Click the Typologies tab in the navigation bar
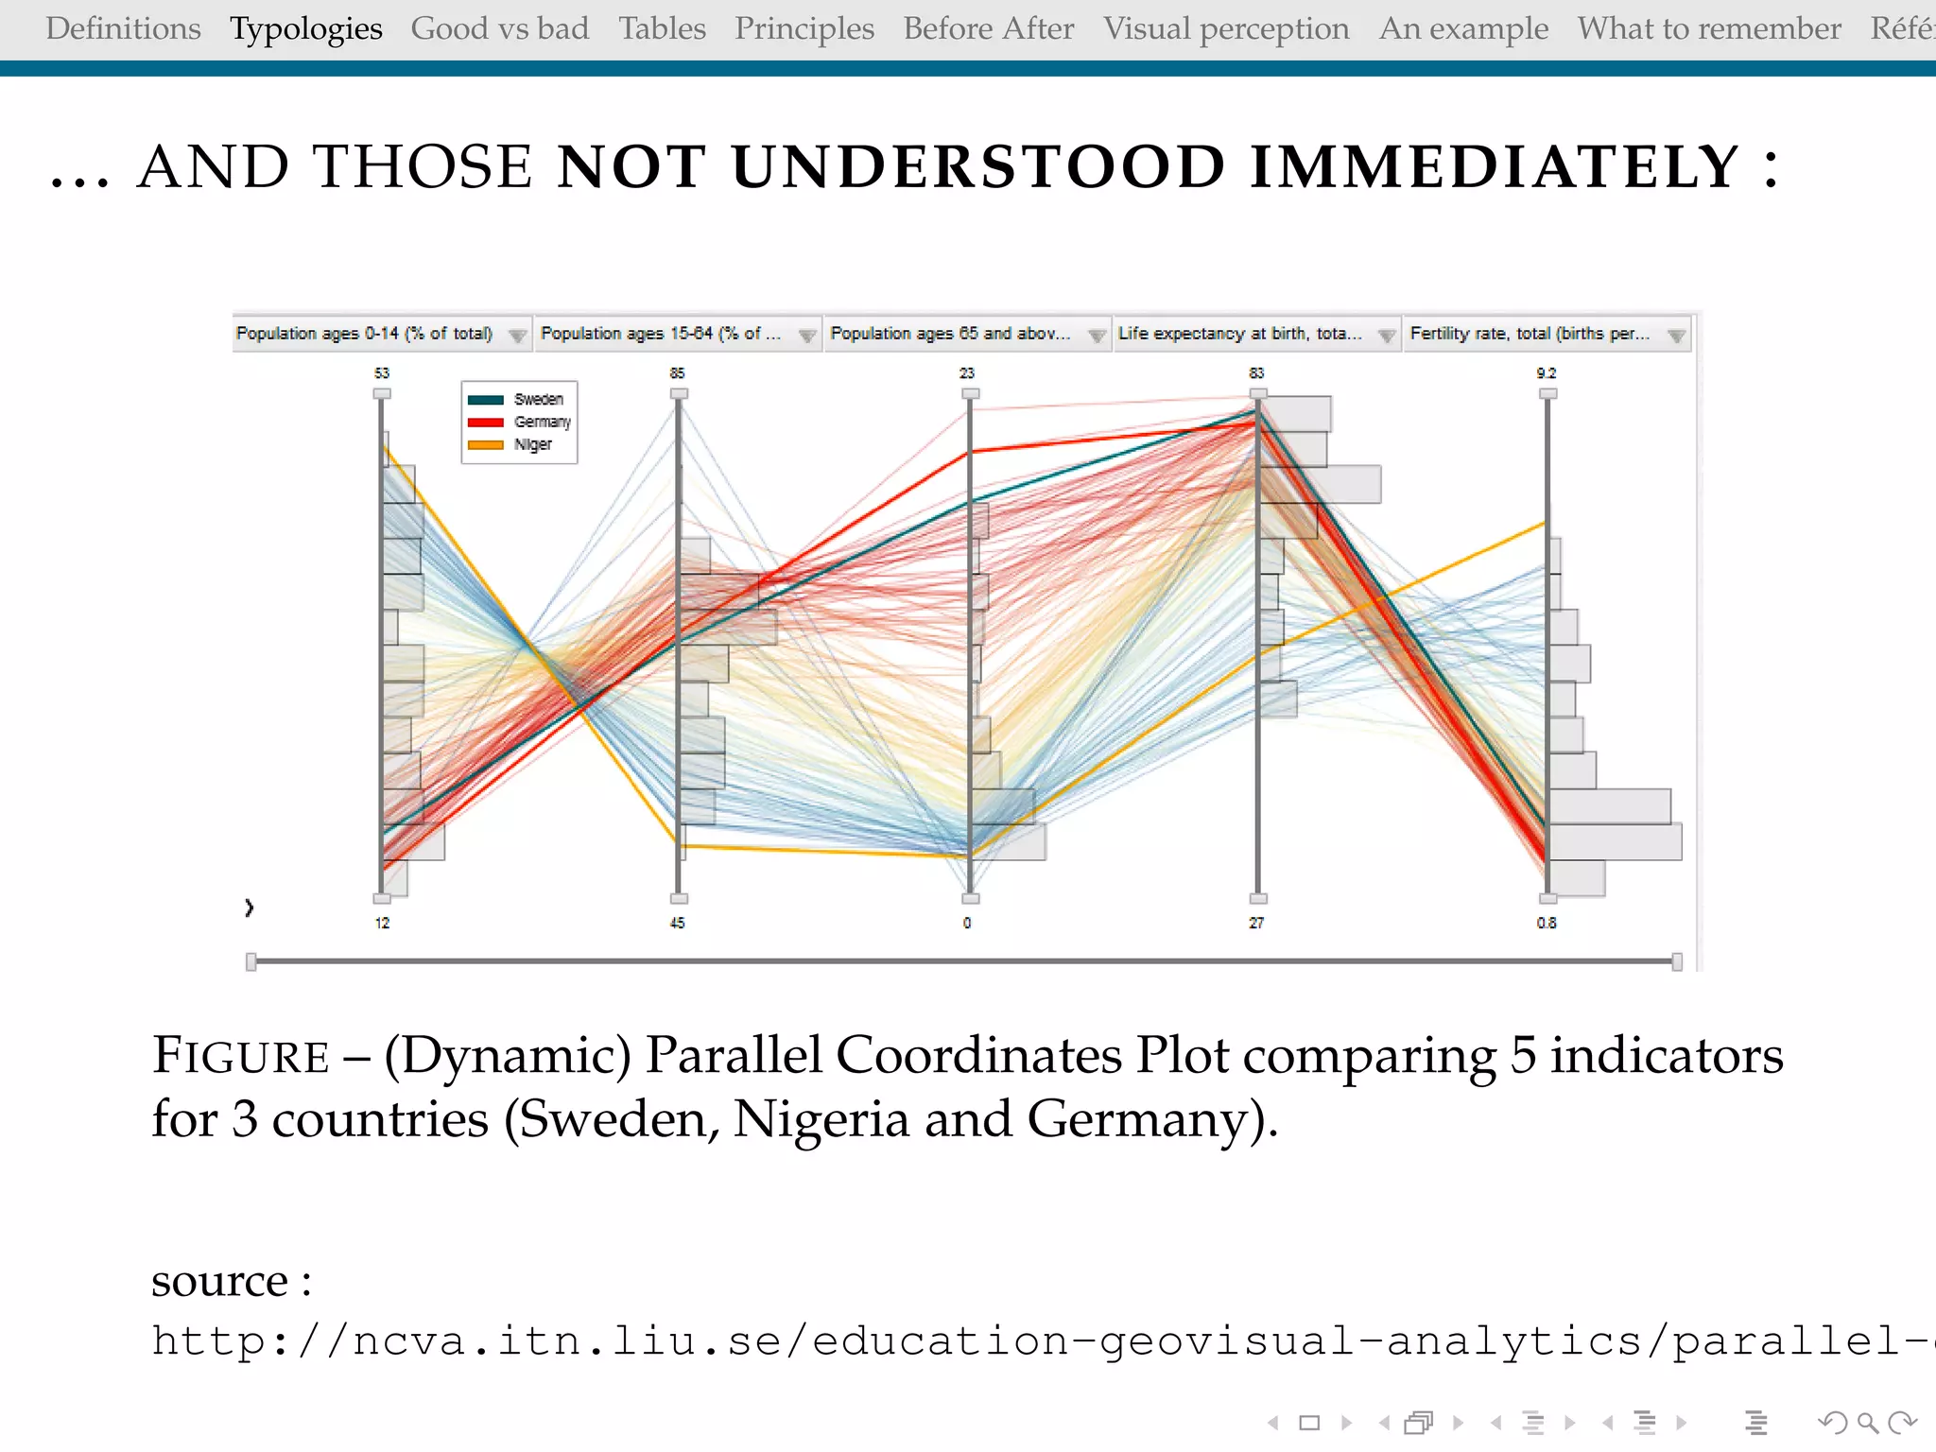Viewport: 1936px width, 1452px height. point(306,29)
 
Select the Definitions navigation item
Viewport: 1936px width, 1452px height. point(123,29)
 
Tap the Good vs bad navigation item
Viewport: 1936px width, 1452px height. point(499,29)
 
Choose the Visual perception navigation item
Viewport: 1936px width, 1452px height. point(1226,29)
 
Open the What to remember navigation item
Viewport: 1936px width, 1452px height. point(1709,29)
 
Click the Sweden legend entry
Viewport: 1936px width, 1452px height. point(537,400)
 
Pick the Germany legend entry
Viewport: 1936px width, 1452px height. point(541,422)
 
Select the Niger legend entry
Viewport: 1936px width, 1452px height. point(532,444)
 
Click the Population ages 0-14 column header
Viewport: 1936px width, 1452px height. point(365,334)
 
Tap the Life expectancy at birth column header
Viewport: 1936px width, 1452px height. point(1239,334)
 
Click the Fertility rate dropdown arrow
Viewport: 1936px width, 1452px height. point(1676,336)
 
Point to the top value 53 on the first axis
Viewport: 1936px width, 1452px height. point(382,373)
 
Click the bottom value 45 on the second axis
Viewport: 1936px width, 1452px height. point(678,923)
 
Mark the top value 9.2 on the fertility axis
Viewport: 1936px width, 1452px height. point(1547,373)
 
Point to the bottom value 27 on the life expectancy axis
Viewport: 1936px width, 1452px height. point(1256,923)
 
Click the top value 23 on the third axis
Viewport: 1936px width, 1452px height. point(967,373)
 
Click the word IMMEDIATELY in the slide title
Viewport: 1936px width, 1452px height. point(1495,167)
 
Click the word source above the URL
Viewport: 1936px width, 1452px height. point(219,1282)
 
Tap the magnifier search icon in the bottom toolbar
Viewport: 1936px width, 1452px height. point(1867,1423)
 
